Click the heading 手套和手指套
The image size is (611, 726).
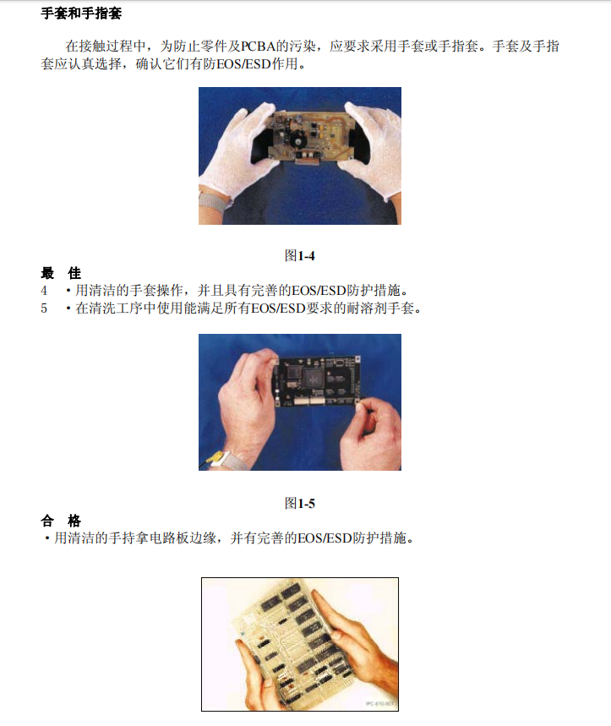tap(81, 14)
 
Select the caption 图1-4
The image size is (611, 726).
tap(300, 254)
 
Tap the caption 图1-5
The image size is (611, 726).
tap(300, 504)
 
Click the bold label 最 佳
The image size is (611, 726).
tap(61, 273)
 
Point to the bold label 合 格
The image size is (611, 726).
tap(61, 520)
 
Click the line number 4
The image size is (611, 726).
tap(44, 290)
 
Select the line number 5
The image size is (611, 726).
tap(44, 308)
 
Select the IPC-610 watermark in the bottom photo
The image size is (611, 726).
tap(380, 703)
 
